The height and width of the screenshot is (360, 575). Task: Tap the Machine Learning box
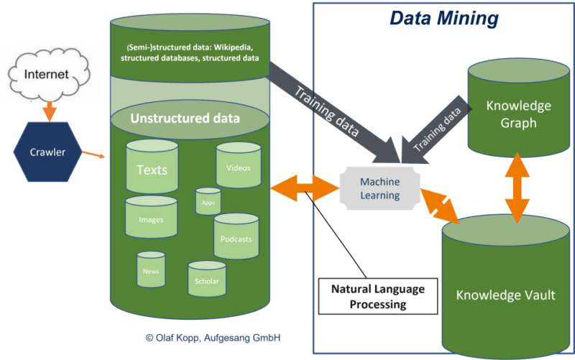point(379,189)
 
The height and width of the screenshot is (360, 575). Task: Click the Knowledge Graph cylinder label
point(518,114)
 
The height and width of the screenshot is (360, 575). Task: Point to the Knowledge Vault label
point(506,295)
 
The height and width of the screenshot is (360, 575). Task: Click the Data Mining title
point(443,18)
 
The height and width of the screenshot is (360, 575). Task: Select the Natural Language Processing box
point(377,296)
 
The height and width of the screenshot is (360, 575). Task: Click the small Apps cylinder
point(208,202)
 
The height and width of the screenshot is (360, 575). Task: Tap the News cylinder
point(151,270)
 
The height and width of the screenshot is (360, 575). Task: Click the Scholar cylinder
point(207,280)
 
